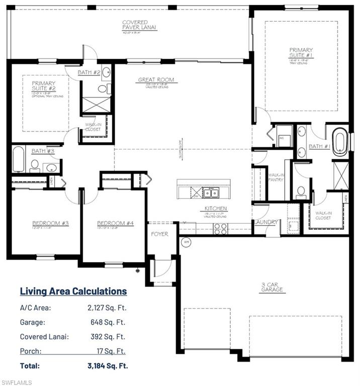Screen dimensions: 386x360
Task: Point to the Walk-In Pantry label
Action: (x=276, y=176)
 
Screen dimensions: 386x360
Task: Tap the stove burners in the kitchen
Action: (x=220, y=229)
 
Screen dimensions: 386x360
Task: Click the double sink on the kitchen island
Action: (x=211, y=192)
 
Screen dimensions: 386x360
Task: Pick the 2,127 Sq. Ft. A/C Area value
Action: (x=107, y=309)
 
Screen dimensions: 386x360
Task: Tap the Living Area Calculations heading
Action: (x=73, y=291)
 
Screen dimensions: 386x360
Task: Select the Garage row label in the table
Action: (x=33, y=323)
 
